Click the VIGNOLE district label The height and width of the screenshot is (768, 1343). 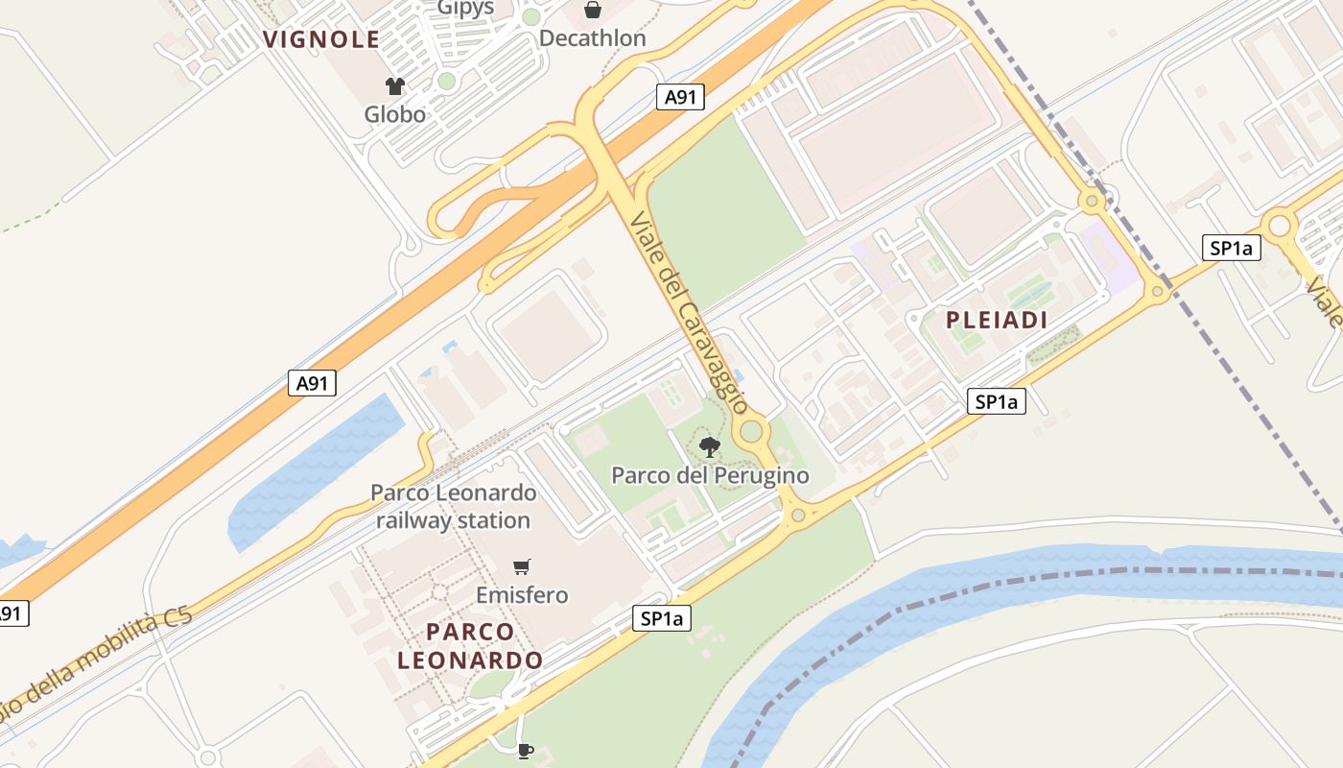[321, 39]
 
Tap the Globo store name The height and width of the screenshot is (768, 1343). [394, 114]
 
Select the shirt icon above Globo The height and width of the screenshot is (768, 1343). [394, 86]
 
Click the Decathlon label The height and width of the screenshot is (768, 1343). [592, 38]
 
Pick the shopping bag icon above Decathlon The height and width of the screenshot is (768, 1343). [593, 11]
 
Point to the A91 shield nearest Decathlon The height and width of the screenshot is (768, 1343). [681, 96]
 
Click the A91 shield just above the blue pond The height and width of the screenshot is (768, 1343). [312, 383]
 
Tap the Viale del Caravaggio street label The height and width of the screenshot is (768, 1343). [689, 312]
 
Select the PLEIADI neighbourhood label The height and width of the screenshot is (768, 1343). [997, 321]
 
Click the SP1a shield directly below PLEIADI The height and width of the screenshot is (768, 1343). [996, 401]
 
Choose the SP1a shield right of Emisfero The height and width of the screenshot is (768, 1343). [662, 618]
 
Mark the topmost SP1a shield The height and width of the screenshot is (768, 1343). [1231, 248]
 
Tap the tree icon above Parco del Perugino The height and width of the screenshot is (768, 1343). [710, 446]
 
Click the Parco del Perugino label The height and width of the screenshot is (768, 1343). [710, 475]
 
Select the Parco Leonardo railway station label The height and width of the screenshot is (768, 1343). [453, 507]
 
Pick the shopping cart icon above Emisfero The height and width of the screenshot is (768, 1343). [522, 566]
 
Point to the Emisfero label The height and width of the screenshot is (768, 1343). [522, 595]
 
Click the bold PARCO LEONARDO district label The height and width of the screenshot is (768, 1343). [470, 646]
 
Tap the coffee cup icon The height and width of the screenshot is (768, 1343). [525, 750]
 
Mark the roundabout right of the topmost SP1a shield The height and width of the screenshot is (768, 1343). [1279, 227]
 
